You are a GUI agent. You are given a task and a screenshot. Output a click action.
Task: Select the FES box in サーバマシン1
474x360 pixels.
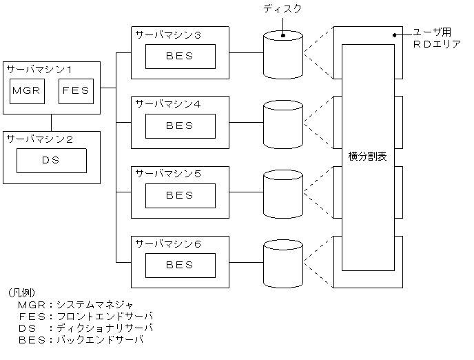pos(76,91)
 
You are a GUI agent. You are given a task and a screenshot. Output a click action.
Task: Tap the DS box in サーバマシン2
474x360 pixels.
pos(52,161)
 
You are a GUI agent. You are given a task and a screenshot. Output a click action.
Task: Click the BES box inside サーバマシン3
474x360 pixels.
pos(180,56)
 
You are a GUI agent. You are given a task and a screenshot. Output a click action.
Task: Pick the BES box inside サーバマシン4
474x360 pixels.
pos(180,126)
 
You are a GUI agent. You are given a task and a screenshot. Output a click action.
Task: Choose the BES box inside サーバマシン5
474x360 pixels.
pos(180,195)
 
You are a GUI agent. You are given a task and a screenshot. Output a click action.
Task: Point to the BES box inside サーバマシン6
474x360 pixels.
pos(180,265)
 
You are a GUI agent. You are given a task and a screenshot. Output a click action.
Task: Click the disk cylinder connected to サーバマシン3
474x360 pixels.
pos(283,53)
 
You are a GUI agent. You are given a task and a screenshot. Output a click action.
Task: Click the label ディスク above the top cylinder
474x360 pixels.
pos(282,9)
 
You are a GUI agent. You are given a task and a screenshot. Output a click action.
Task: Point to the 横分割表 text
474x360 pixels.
pos(368,157)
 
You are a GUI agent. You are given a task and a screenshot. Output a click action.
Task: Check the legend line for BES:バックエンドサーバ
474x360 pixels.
pos(81,340)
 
